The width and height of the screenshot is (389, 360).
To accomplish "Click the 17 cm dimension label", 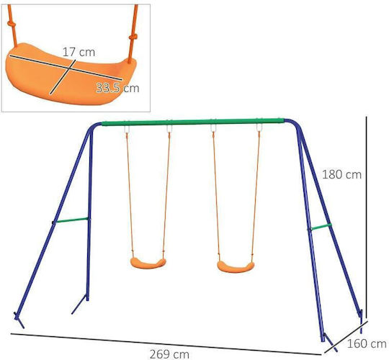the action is pyautogui.click(x=79, y=52).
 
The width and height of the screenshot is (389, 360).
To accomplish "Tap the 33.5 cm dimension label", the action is pyautogui.click(x=117, y=88).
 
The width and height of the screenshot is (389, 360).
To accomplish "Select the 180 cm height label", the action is pyautogui.click(x=341, y=174).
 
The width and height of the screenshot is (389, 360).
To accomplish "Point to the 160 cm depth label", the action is pyautogui.click(x=367, y=343).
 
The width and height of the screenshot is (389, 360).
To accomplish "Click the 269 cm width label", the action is pyautogui.click(x=169, y=354).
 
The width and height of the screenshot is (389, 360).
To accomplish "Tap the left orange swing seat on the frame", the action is pyautogui.click(x=148, y=263).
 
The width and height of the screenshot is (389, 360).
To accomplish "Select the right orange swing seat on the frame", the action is pyautogui.click(x=236, y=267).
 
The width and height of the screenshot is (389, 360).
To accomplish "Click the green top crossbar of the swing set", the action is pyautogui.click(x=193, y=122).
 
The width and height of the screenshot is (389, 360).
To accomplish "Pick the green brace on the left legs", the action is pyautogui.click(x=72, y=220).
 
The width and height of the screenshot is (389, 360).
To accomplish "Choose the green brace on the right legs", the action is pyautogui.click(x=321, y=227).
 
